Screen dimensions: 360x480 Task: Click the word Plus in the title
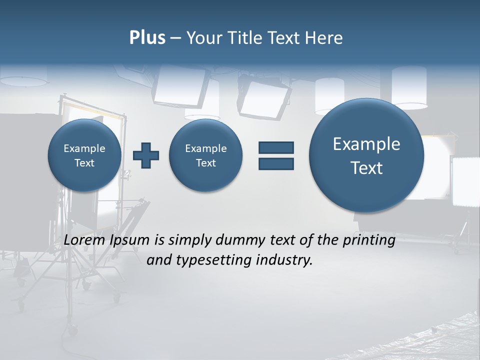tap(147, 38)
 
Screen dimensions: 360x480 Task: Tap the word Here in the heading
tap(323, 38)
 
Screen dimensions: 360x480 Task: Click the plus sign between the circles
tap(146, 155)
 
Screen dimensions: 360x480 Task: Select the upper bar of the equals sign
tap(276, 147)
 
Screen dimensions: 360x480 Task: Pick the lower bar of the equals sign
tap(276, 163)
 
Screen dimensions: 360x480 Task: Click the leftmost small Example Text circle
tap(84, 155)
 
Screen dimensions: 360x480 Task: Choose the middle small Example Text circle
tap(206, 155)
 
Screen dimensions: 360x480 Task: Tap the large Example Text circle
tap(366, 155)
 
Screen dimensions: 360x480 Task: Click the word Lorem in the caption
tap(85, 240)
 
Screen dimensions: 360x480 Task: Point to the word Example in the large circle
tap(366, 144)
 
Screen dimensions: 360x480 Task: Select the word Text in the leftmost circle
tap(84, 163)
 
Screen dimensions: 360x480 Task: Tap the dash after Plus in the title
tap(175, 38)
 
